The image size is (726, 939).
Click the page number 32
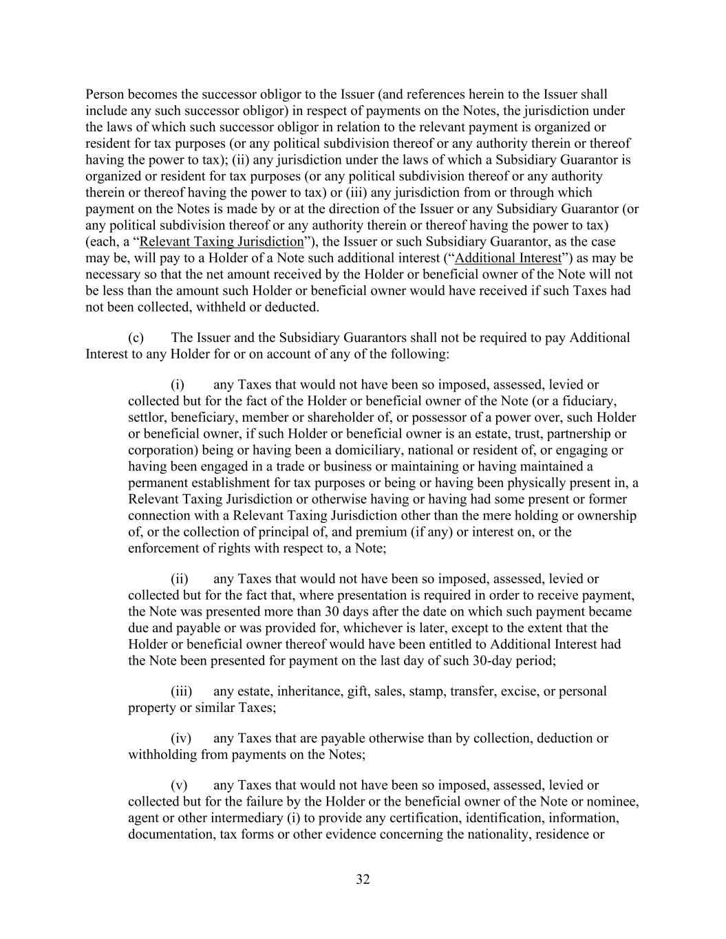363,879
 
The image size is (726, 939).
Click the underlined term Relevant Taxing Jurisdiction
221,241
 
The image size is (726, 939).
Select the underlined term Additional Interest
508,258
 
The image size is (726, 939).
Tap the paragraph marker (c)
136,338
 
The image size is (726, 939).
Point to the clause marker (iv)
181,738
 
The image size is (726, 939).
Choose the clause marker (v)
179,785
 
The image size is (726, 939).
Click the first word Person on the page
105,94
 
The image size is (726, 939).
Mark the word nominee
617,801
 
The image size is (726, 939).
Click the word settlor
147,418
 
